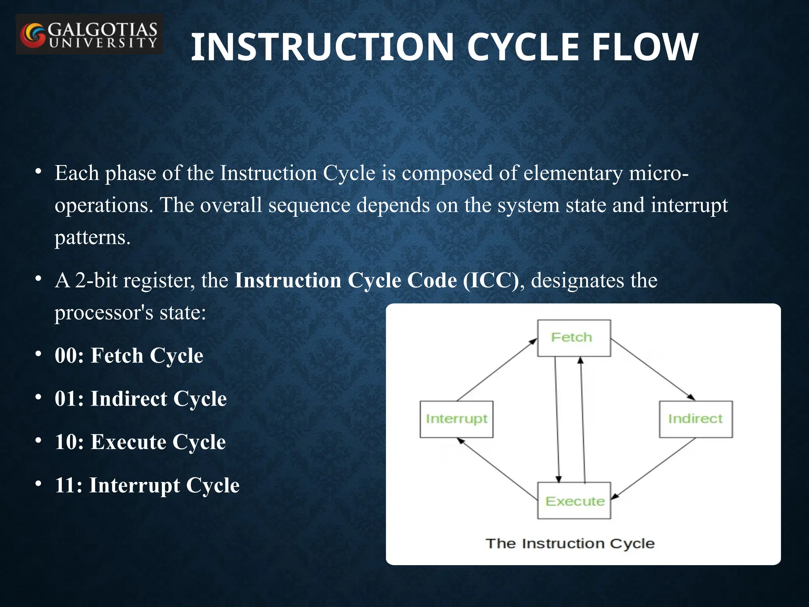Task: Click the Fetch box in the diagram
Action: click(574, 338)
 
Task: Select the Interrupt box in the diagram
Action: click(456, 419)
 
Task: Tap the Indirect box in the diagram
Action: click(695, 419)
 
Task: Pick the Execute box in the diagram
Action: click(574, 501)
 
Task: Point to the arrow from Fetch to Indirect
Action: click(653, 370)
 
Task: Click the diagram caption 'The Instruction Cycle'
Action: click(570, 543)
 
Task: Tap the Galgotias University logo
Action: click(89, 35)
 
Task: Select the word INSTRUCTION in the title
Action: click(322, 47)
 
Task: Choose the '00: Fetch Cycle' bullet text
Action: click(129, 355)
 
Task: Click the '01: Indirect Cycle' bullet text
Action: click(141, 398)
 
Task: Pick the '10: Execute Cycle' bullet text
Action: click(140, 442)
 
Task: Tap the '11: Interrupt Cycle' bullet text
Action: click(147, 485)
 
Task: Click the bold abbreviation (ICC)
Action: click(491, 280)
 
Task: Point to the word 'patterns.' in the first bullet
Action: click(92, 238)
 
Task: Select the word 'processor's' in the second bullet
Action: click(104, 313)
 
